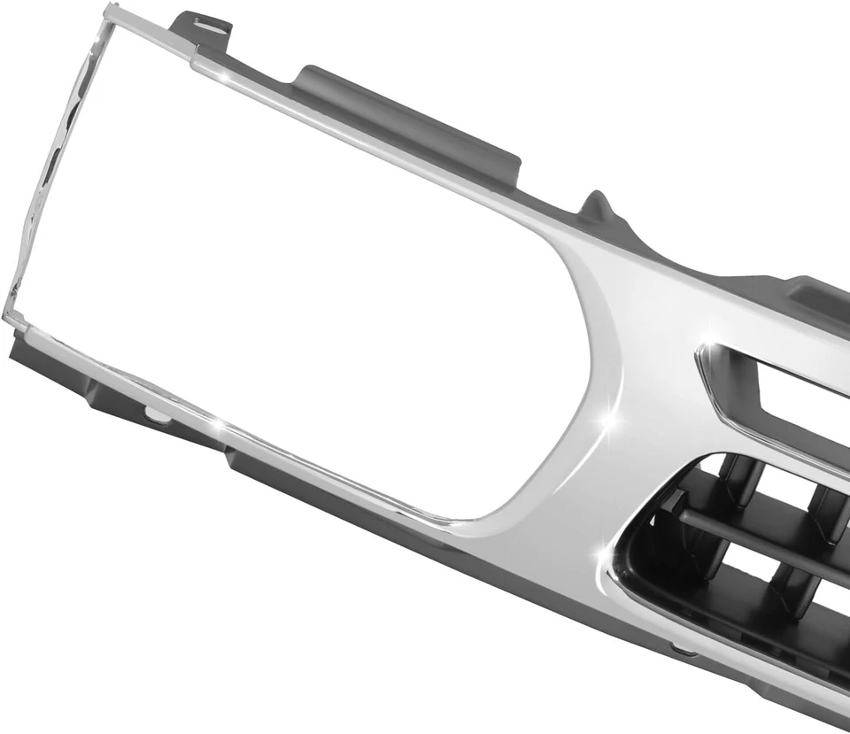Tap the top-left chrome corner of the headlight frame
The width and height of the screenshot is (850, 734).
pyautogui.click(x=112, y=12)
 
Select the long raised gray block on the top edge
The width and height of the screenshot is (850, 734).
pyautogui.click(x=407, y=124)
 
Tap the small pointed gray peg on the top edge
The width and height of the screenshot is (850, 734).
pyautogui.click(x=599, y=206)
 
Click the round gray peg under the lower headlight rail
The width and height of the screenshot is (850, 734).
pyautogui.click(x=155, y=414)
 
